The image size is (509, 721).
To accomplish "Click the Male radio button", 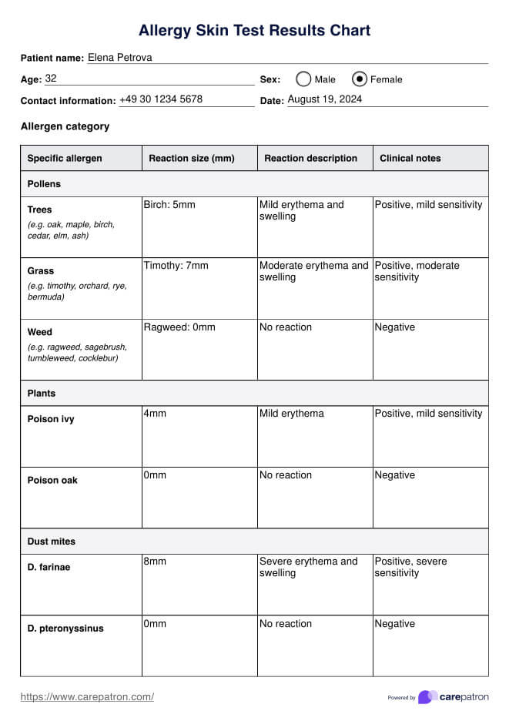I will click(x=303, y=79).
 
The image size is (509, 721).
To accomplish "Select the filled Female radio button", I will click(x=360, y=79).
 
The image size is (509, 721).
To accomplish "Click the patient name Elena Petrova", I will click(x=119, y=58).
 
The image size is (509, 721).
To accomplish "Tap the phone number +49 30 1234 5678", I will click(x=161, y=99).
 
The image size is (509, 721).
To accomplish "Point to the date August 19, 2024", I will click(x=324, y=99).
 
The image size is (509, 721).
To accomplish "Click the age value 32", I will click(x=51, y=79).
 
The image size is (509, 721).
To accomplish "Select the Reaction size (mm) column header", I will click(x=191, y=158).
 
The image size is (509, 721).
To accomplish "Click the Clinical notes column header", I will click(x=410, y=158).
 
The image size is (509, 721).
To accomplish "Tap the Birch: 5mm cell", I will click(x=169, y=205).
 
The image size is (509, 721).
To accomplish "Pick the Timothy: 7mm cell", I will click(x=176, y=266).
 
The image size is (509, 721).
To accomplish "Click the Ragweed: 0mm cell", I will click(x=179, y=327).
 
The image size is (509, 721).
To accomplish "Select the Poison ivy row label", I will click(x=51, y=419).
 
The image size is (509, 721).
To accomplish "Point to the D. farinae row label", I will click(x=49, y=567).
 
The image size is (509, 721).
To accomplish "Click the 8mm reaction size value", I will click(x=155, y=562).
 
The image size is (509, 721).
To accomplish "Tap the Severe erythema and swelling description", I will click(x=308, y=567).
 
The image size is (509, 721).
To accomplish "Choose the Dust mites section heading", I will click(x=52, y=542).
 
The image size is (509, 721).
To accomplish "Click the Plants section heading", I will click(x=42, y=393).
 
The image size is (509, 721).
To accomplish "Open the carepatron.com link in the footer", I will click(x=87, y=697).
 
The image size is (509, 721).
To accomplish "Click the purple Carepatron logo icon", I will click(x=427, y=697).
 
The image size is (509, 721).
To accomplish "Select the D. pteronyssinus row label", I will click(x=65, y=628).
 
